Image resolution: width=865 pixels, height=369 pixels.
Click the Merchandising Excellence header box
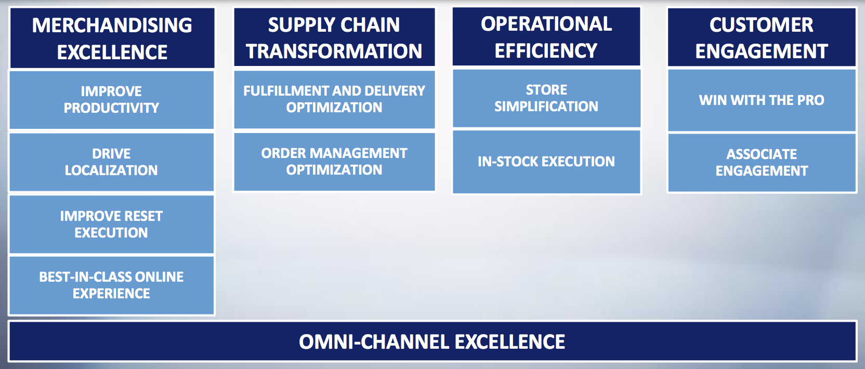click(x=112, y=38)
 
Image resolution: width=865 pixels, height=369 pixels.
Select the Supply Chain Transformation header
click(x=334, y=37)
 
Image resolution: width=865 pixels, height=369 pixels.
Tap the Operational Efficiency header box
click(x=546, y=37)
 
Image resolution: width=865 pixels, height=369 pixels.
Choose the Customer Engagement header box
click(x=762, y=37)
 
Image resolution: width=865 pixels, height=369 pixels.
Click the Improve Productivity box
click(x=112, y=100)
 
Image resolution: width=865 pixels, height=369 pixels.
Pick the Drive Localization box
click(x=112, y=162)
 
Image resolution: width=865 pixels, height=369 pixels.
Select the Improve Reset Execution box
click(x=112, y=224)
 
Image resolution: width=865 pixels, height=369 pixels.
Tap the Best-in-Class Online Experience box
click(x=112, y=285)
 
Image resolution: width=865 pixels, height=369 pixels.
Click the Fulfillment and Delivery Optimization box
click(x=334, y=99)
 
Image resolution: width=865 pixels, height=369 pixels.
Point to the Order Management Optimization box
click(x=334, y=162)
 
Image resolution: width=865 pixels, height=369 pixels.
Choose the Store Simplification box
click(x=546, y=98)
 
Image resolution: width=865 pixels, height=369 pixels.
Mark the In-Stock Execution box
click(x=546, y=162)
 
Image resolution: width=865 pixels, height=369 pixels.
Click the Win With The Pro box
click(x=762, y=100)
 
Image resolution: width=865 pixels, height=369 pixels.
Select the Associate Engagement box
click(x=762, y=163)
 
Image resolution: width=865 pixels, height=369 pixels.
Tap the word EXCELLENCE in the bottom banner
click(x=510, y=342)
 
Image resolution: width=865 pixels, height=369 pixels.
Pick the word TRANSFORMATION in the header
click(x=334, y=51)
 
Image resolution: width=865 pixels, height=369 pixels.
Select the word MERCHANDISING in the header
click(x=112, y=25)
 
